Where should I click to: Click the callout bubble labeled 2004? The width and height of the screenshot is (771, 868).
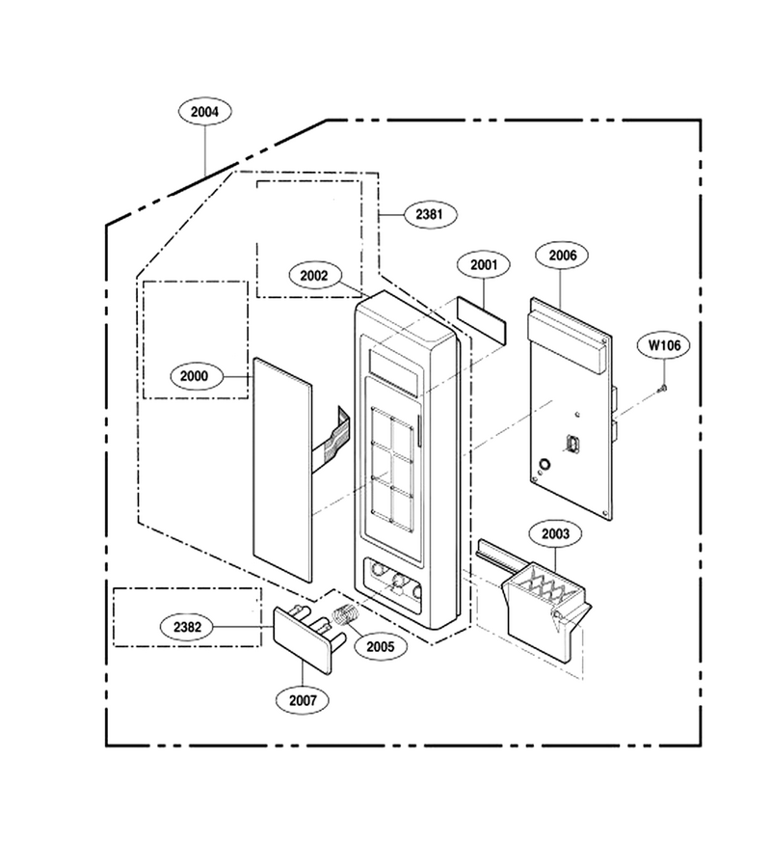point(204,111)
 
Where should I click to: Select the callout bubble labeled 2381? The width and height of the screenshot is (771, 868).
point(430,214)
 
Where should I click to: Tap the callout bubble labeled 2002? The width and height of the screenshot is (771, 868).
point(314,275)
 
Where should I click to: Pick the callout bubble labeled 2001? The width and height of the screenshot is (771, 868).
point(484,264)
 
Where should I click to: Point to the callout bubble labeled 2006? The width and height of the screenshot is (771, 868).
point(562,255)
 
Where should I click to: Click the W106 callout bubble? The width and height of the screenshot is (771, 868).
point(664,345)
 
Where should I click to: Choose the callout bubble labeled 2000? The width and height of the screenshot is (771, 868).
point(194,376)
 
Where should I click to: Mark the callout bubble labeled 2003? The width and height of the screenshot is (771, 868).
point(555,533)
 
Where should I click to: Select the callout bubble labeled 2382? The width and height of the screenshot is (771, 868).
point(187,627)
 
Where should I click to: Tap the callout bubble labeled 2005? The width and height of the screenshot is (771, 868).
point(381,646)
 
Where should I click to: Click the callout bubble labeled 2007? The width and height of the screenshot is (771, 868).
point(303,700)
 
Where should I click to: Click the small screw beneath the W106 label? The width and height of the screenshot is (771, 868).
point(662,389)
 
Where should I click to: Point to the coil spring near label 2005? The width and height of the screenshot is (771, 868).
point(346,614)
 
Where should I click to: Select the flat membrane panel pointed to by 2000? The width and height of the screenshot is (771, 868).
point(282,470)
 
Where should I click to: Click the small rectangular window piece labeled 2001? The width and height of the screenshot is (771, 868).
point(481,320)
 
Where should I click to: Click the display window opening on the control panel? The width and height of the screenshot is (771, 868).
point(393,372)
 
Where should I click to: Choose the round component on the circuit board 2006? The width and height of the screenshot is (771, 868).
point(545,464)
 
